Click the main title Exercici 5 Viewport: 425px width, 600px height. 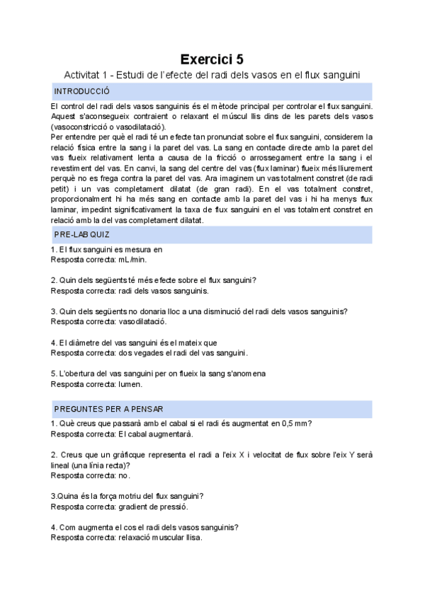coord(212,59)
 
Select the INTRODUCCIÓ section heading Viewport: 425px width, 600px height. coord(81,91)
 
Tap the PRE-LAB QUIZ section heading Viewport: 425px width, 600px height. coord(81,234)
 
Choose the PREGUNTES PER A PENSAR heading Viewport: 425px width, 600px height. coord(108,409)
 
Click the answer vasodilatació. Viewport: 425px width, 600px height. coord(142,322)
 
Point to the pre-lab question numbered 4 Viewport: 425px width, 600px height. coord(134,342)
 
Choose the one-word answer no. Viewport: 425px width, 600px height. coord(124,475)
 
